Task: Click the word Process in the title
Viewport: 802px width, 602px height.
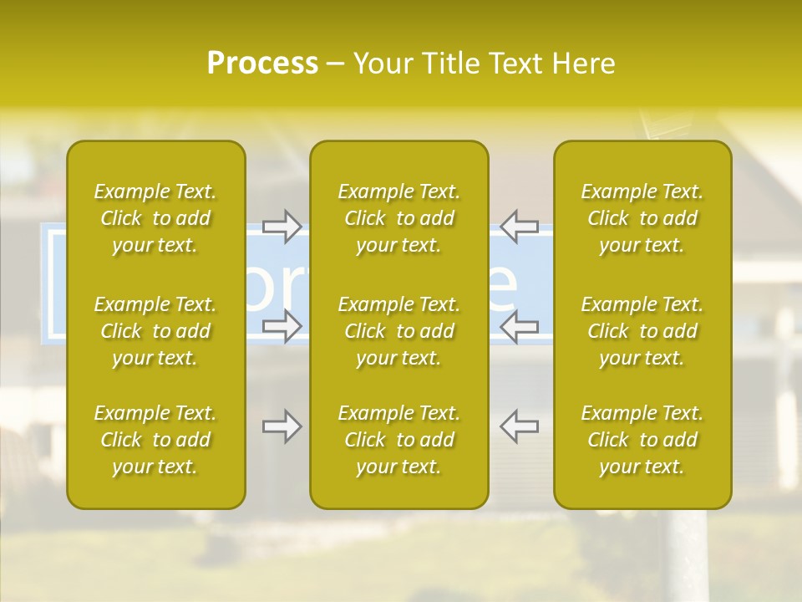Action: tap(262, 63)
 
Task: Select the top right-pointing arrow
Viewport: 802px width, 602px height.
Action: tap(282, 226)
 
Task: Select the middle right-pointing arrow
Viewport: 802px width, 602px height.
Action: tap(282, 326)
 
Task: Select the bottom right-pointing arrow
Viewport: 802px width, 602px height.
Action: tap(282, 426)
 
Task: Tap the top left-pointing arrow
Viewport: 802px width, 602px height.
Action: tap(519, 226)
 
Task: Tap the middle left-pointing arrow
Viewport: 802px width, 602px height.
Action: tap(519, 326)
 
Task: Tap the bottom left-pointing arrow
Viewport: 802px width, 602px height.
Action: tap(519, 426)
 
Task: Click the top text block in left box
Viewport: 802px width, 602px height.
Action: tap(155, 218)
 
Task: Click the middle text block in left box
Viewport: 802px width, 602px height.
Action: tap(155, 331)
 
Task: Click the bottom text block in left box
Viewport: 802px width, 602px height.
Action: tap(155, 440)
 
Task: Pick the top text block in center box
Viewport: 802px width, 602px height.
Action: tap(398, 218)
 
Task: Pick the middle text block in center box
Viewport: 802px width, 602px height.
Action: tap(398, 331)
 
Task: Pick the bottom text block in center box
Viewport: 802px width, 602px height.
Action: tap(398, 440)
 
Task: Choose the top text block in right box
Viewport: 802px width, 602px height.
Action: tap(642, 218)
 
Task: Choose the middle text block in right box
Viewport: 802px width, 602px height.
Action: tap(642, 331)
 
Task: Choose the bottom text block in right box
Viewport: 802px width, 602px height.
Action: tap(642, 440)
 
